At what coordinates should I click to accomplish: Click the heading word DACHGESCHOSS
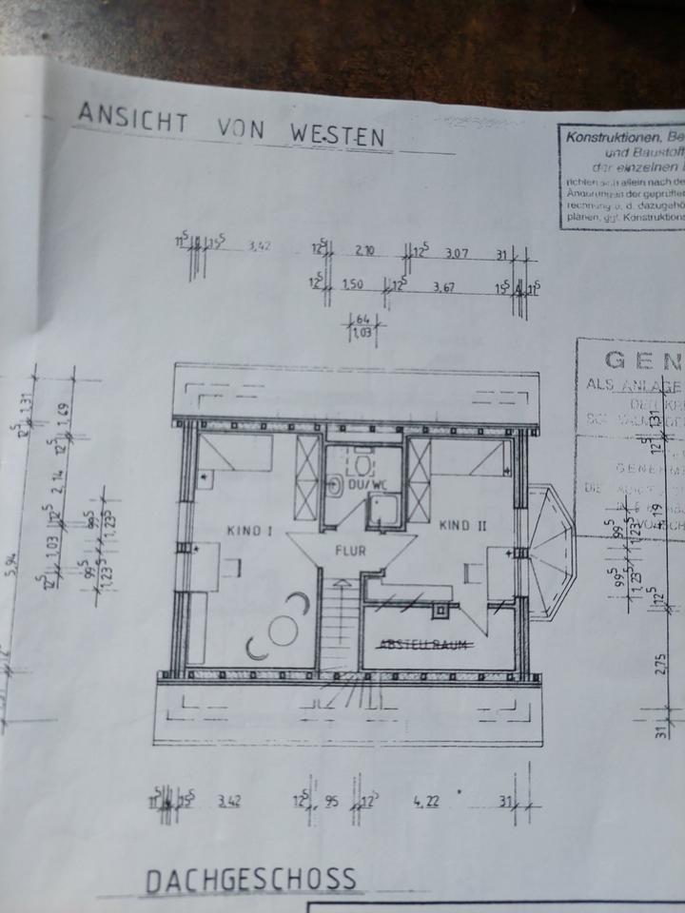251,880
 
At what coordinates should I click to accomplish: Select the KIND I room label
250,531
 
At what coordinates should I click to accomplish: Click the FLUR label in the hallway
350,550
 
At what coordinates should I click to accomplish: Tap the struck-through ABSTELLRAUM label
426,645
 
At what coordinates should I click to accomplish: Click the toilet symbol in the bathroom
337,485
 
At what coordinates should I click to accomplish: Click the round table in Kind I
282,630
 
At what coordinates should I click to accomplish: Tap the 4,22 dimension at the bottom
424,801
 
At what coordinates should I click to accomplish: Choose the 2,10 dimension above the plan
364,251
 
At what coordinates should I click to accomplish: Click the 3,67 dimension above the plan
443,285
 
